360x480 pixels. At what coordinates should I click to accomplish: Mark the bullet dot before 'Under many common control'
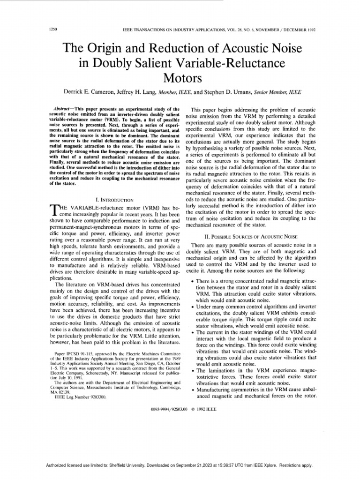pyautogui.click(x=193, y=306)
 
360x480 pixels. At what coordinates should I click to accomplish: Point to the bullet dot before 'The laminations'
pyautogui.click(x=193, y=371)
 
